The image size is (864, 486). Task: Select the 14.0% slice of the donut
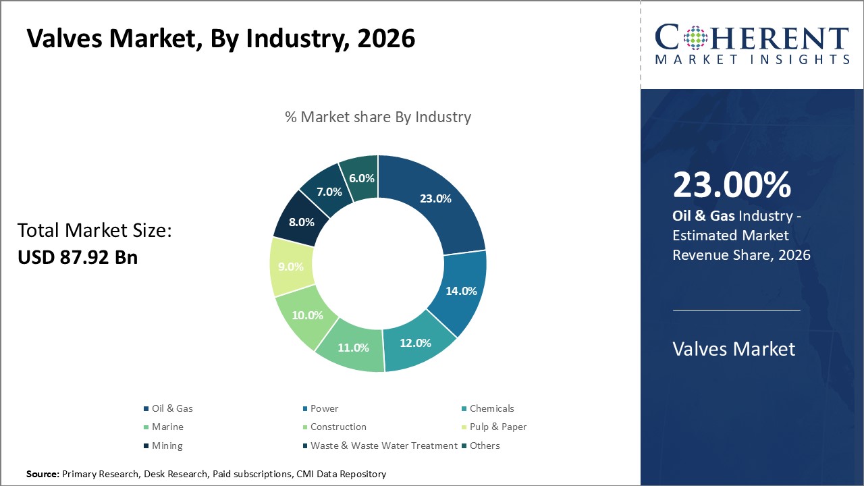462,291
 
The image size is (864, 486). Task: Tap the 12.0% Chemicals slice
414,342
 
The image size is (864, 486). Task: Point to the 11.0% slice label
353,348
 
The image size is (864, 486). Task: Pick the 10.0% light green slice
307,315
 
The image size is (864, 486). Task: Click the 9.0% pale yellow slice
291,267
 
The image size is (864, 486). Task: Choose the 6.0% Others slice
360,178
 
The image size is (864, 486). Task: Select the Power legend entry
324,408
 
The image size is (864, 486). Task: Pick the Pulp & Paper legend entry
497,427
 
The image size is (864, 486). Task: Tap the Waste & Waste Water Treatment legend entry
383,446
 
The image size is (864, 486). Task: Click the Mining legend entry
167,446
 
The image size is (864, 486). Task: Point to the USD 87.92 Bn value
78,256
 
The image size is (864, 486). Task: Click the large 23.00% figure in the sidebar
732,186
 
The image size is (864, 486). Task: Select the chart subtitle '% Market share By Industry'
377,117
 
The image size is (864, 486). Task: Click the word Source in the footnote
43,475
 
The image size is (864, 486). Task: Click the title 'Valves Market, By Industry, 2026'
221,39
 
